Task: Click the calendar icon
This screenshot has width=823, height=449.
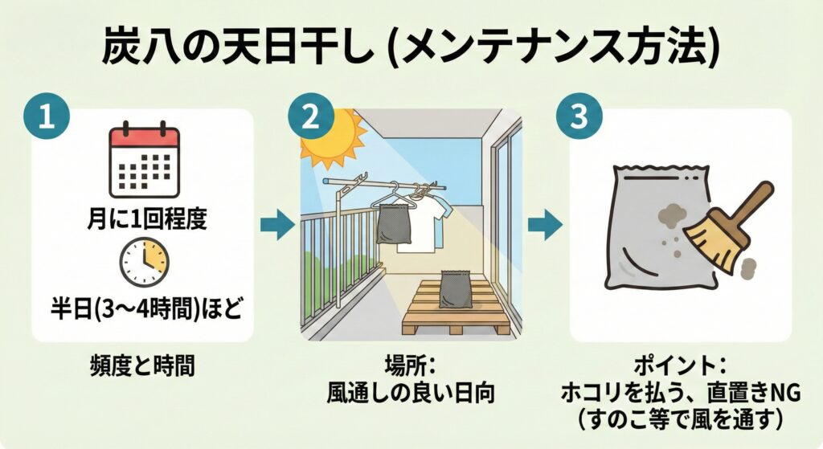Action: click(x=145, y=162)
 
